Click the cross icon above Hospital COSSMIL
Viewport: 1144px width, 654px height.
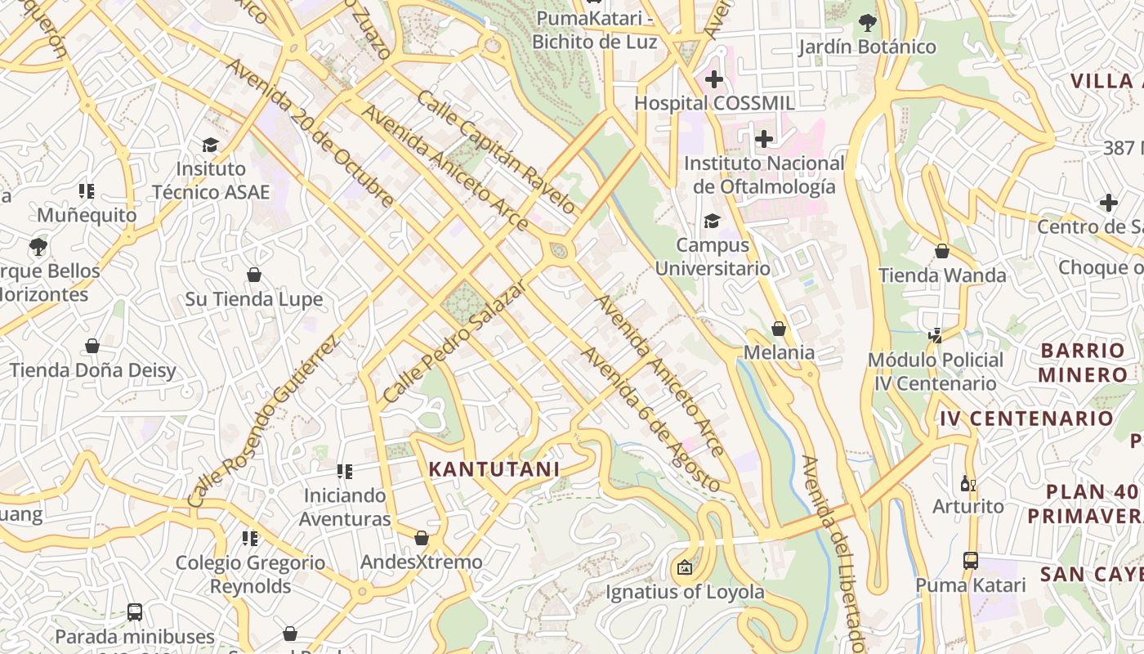(714, 79)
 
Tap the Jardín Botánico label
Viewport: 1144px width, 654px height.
(867, 47)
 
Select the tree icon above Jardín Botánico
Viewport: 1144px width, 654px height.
(867, 23)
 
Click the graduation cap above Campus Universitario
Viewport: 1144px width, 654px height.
(713, 221)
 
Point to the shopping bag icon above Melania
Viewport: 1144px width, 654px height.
(779, 329)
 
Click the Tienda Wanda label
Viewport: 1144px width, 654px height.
(942, 275)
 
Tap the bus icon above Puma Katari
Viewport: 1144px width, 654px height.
(970, 561)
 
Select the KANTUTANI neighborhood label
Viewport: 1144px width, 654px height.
(494, 469)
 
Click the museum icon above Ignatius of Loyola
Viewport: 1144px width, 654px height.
(685, 567)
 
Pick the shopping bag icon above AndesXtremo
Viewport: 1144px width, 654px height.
(422, 538)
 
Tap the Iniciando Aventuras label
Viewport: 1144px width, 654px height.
(345, 507)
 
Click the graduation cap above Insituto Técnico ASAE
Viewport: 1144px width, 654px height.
(210, 145)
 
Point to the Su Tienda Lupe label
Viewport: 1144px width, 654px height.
(254, 299)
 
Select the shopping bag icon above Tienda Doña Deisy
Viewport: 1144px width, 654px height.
(92, 346)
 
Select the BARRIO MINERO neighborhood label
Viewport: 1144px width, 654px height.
(1084, 363)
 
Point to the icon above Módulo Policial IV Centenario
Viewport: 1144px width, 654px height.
(936, 335)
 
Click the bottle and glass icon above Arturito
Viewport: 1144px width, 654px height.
(968, 483)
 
